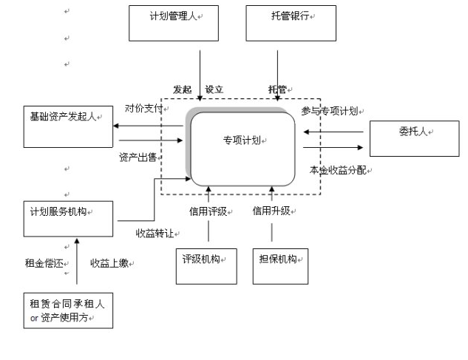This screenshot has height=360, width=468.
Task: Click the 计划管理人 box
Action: [174, 23]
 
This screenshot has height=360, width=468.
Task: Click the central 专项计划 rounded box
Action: [243, 145]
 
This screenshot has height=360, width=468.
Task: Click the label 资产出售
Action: [137, 157]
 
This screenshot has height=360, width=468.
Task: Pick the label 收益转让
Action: [154, 233]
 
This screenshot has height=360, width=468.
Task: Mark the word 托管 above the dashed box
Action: [277, 89]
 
